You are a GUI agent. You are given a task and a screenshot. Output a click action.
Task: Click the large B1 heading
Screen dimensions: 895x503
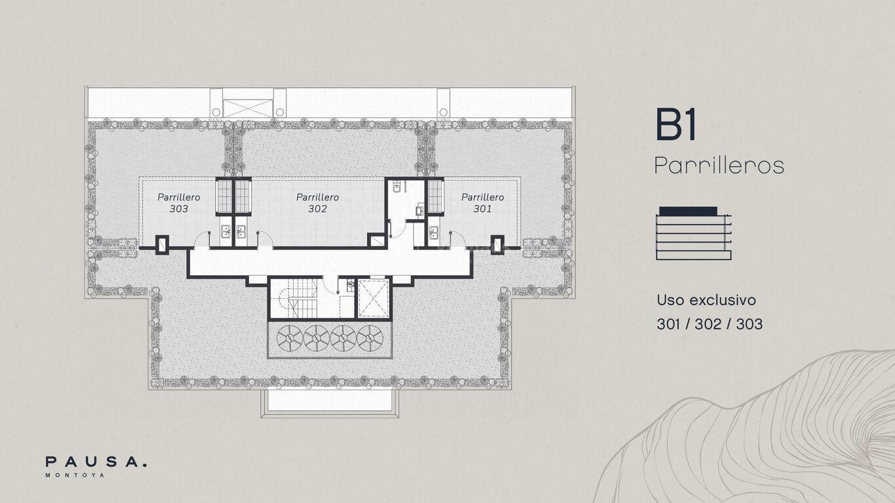click(x=676, y=124)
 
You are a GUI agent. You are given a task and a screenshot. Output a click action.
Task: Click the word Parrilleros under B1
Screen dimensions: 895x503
click(x=719, y=165)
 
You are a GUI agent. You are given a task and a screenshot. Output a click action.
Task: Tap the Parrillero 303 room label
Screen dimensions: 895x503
click(x=178, y=203)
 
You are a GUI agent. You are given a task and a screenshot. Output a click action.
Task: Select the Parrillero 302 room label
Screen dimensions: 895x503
click(x=317, y=203)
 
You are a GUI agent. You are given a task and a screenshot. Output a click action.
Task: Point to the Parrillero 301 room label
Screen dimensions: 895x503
click(x=483, y=203)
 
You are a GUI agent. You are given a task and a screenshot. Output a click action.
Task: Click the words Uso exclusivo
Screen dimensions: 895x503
click(x=706, y=300)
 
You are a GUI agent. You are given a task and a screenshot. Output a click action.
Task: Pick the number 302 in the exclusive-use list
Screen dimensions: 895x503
click(x=709, y=324)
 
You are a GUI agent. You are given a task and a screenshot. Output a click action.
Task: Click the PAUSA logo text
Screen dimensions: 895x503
click(x=96, y=462)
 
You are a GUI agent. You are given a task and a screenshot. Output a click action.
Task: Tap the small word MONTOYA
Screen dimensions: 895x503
click(x=75, y=475)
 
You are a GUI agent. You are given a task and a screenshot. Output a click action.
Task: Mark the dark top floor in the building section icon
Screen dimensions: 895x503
click(x=688, y=211)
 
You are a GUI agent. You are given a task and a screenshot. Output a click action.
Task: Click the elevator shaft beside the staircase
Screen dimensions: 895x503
click(x=373, y=299)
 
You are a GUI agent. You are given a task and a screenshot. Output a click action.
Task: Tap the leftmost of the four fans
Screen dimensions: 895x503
click(x=290, y=338)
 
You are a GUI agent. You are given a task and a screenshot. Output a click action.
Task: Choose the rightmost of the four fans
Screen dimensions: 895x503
click(x=370, y=338)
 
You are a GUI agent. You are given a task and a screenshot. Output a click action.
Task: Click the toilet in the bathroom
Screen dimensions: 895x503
click(x=396, y=187)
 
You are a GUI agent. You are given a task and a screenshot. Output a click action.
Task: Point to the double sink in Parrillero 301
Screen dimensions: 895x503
click(x=433, y=233)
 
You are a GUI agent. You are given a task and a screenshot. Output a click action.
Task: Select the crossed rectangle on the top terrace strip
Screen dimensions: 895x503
click(x=248, y=108)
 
